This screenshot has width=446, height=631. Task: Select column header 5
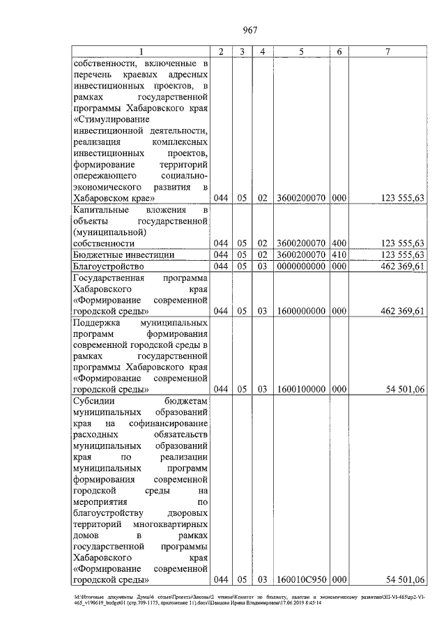tap(301, 52)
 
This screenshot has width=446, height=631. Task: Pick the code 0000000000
tap(301, 266)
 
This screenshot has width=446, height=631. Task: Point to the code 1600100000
tap(301, 389)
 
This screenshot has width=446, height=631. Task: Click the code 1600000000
tap(301, 310)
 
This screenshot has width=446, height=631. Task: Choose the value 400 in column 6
tap(339, 243)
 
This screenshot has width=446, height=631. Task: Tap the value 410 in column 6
tap(339, 255)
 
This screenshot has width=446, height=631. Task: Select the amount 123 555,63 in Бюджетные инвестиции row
tap(399, 255)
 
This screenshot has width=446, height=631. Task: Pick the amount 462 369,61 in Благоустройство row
tap(399, 266)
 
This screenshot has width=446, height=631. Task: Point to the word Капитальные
tap(102, 209)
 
